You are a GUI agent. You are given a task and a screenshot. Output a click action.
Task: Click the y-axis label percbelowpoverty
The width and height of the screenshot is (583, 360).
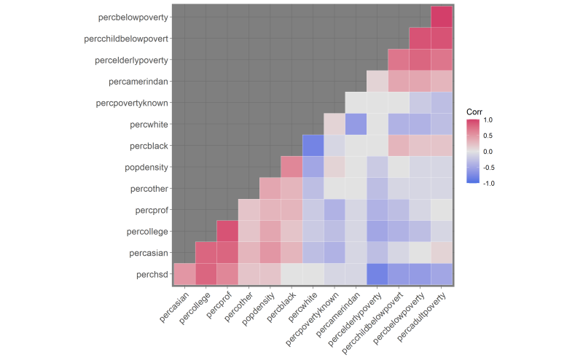(x=127, y=17)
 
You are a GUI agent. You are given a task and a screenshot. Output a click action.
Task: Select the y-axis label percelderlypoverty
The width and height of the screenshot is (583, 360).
(x=127, y=60)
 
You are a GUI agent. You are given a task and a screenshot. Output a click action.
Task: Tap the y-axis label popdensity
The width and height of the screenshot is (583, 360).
(x=149, y=167)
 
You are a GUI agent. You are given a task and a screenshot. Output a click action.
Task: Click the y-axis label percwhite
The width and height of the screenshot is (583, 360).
(x=149, y=124)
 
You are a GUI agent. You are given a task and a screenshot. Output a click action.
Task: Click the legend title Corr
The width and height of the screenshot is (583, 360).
(x=475, y=110)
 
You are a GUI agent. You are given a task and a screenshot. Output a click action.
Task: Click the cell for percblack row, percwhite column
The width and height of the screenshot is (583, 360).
(x=313, y=146)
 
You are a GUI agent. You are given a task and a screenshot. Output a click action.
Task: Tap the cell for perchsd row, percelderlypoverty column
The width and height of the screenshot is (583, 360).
(x=377, y=274)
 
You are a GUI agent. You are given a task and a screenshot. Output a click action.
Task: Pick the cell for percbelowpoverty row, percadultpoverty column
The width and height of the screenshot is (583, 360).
(x=441, y=17)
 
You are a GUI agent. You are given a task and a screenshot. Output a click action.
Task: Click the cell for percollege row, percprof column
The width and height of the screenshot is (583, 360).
(x=227, y=231)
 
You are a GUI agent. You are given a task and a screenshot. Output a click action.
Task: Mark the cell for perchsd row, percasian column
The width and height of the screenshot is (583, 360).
(x=184, y=274)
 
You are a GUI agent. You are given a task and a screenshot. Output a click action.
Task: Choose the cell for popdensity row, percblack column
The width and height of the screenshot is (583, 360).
(x=291, y=167)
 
